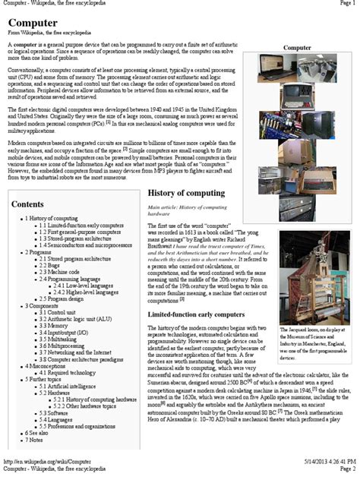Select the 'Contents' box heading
[x=28, y=204]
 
